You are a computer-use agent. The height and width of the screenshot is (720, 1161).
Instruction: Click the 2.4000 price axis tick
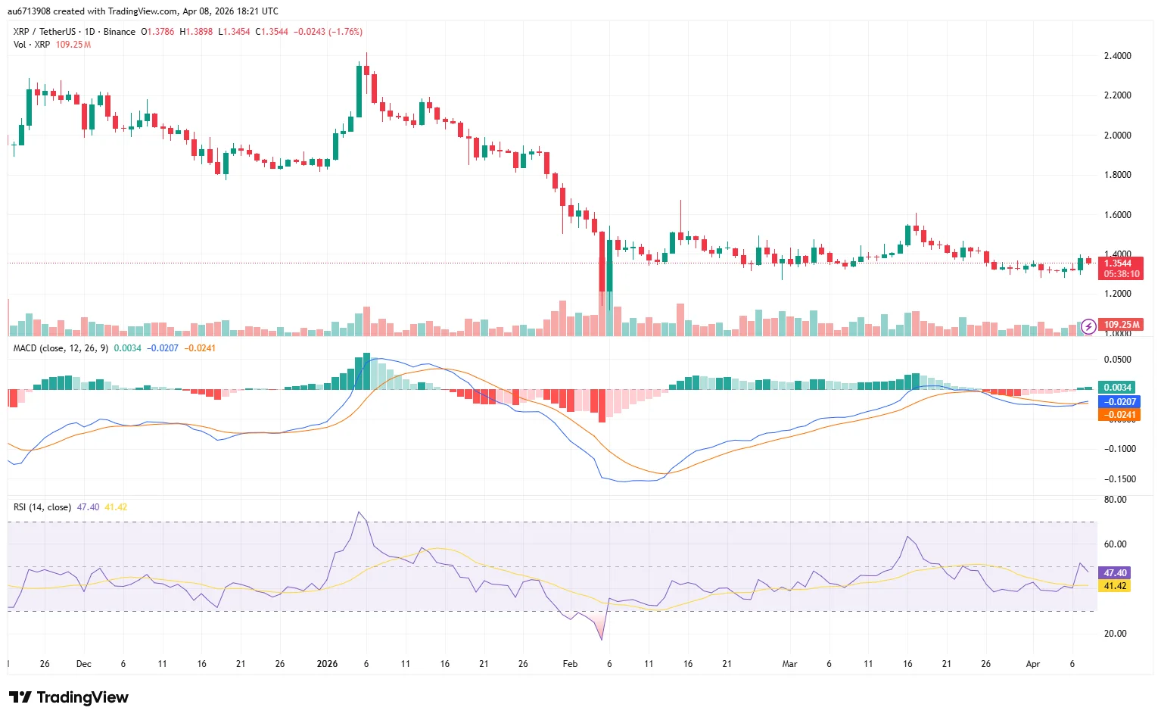[1117, 56]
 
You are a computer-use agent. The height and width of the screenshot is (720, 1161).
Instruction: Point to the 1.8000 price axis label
[1117, 175]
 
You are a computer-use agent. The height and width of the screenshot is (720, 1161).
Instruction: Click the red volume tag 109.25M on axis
[1121, 325]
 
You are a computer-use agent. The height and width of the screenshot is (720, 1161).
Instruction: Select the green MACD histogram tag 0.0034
[1117, 387]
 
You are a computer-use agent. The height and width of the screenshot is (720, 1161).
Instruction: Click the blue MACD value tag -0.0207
[1119, 402]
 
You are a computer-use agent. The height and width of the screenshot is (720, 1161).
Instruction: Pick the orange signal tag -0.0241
[1119, 415]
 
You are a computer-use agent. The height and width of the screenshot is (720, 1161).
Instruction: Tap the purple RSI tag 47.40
[1115, 573]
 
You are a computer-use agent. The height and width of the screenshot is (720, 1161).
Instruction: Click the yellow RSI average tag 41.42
[1115, 586]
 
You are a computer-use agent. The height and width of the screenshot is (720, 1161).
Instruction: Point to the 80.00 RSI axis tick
[1115, 500]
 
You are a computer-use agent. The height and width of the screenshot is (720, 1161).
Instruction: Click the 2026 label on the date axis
[327, 664]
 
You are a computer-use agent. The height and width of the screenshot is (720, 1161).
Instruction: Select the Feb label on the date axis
[570, 664]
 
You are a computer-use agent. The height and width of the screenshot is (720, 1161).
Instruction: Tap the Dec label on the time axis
[83, 664]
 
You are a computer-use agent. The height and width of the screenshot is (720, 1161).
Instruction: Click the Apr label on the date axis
[1032, 664]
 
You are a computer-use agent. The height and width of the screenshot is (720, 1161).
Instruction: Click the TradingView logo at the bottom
[69, 697]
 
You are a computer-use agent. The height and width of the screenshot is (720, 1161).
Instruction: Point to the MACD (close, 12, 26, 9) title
[61, 348]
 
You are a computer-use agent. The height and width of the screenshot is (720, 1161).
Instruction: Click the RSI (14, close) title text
[42, 507]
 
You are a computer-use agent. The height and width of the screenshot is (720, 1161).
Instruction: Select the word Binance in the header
[120, 32]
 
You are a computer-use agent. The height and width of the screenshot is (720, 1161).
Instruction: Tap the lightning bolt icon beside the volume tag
[1088, 326]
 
